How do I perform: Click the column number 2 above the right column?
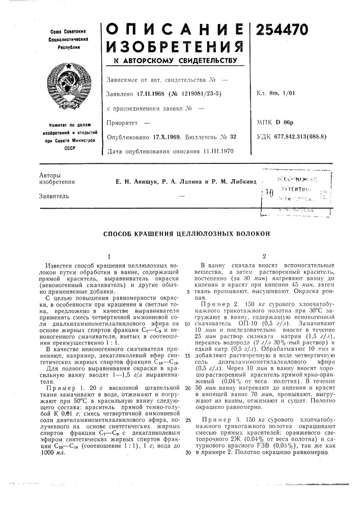click(x=265, y=256)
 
